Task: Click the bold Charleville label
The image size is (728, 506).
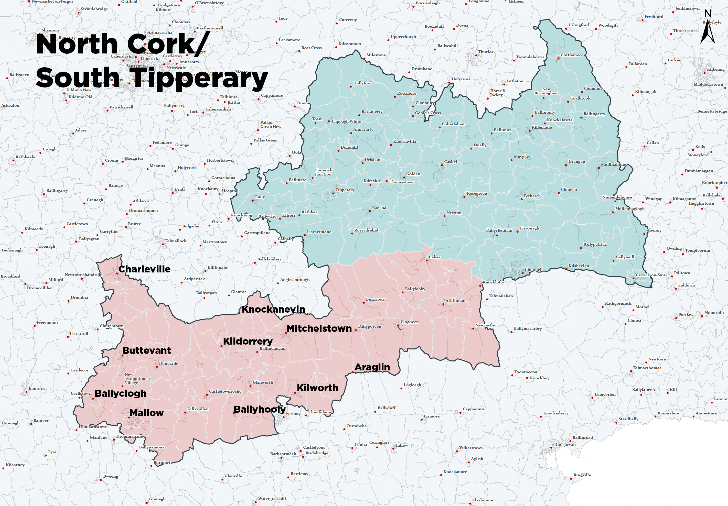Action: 144,269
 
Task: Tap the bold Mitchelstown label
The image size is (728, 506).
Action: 319,328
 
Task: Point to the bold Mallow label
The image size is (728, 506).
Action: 146,413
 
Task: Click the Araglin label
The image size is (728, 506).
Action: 372,367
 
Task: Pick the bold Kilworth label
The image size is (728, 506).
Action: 317,388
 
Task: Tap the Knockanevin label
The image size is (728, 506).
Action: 273,309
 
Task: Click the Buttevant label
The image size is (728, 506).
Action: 146,350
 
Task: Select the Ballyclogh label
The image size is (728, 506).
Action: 121,393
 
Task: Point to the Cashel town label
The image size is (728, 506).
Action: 450,162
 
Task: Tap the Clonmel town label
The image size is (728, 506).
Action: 533,270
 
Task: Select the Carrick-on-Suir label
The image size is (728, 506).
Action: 650,275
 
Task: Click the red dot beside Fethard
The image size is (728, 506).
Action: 522,199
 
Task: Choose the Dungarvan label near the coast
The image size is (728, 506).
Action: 565,445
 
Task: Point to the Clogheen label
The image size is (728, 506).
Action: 409,322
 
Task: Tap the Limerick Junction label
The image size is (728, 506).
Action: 323,172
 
